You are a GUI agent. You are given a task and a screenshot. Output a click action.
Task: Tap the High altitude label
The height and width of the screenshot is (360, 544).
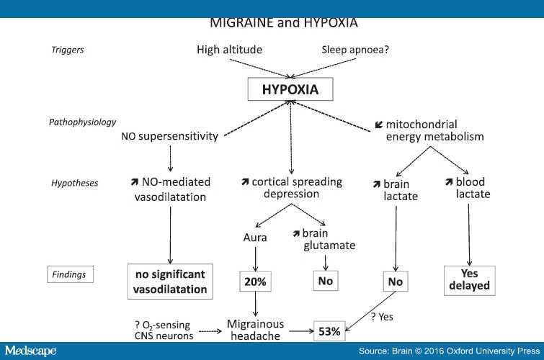tap(230, 50)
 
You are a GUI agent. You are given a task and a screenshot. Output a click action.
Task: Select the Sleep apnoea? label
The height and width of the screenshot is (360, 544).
tap(355, 50)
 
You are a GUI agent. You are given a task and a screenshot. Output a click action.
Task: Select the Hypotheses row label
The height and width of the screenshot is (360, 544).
tap(75, 184)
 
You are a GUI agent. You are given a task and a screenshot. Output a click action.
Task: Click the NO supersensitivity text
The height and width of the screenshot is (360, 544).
tap(169, 136)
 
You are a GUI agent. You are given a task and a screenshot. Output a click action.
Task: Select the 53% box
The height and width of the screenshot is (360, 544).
tap(329, 333)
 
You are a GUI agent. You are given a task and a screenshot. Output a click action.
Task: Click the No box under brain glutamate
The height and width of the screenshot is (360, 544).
tap(325, 282)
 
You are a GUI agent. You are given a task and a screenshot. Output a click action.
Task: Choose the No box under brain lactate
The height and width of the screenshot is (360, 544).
tap(395, 282)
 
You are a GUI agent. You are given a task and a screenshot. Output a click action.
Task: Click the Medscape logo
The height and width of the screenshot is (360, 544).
tap(34, 351)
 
